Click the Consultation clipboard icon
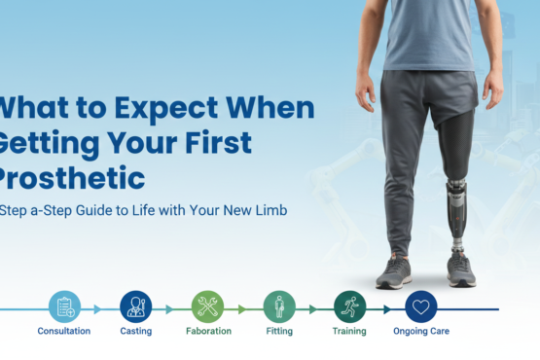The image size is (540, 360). click(64, 307)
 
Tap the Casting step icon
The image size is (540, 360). click(135, 307)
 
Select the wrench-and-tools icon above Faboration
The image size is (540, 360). click(207, 307)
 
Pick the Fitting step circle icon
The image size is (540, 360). click(279, 307)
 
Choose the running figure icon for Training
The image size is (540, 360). click(349, 307)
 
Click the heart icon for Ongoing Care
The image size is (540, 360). click(421, 307)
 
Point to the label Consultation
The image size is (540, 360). click(64, 332)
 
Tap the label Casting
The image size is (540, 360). click(135, 332)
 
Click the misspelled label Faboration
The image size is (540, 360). click(207, 332)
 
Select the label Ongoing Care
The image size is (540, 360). click(421, 332)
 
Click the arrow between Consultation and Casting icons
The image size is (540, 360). click(97, 308)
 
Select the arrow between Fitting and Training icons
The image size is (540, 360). click(313, 308)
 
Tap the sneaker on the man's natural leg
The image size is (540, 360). click(393, 271)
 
